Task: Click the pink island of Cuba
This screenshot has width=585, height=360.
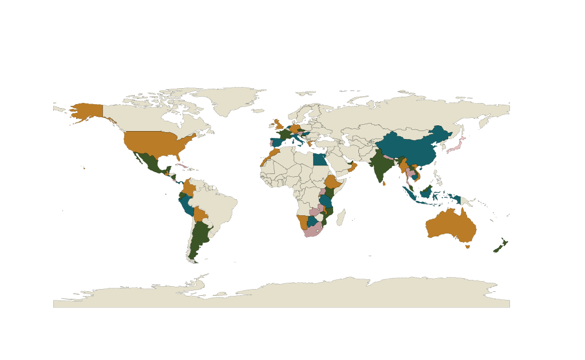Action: (182, 167)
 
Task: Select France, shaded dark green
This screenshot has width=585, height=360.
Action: (283, 134)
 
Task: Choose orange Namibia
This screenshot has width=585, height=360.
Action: (302, 221)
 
